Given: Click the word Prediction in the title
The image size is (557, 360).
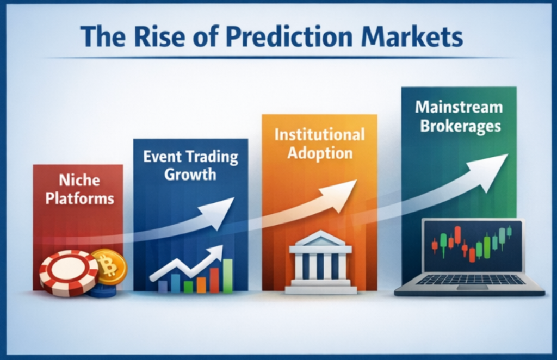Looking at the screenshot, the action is pos(289,36).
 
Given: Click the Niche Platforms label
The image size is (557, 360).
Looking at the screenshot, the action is pos(79,189).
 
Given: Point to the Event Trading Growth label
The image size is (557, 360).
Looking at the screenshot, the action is pos(190,165).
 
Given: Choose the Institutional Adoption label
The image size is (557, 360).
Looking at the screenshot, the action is pos(320,144).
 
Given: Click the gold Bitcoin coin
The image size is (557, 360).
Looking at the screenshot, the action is pos(108,266).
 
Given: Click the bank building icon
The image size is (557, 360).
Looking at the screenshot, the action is pos(320,262).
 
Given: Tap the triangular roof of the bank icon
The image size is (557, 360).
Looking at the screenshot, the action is pos(320,238).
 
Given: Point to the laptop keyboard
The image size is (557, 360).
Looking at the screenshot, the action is pos(469,280).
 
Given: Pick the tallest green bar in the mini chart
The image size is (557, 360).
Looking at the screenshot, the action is pos(227,276).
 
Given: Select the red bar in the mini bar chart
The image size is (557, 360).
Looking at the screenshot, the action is pos(214,280).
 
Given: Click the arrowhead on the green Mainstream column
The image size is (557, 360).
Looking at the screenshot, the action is pos(494,170).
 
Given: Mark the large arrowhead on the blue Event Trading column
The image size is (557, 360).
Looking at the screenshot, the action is pos(218,212).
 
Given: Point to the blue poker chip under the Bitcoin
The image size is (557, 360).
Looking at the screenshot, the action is pos(102,291).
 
